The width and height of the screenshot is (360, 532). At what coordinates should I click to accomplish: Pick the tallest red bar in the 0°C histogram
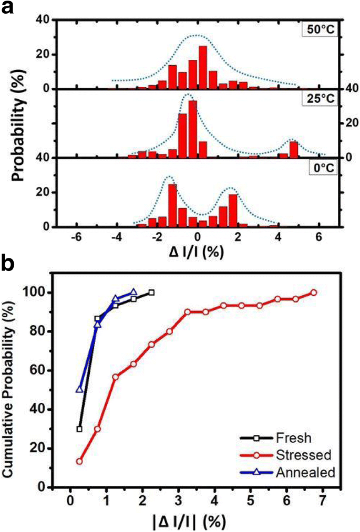172,205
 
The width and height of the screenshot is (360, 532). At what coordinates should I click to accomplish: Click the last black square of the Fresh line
151,293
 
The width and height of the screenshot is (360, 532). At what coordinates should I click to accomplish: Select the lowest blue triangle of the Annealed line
79,390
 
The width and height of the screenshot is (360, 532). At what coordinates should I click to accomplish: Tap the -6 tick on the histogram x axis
77,237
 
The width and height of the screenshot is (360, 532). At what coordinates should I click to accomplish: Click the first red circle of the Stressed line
79,461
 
